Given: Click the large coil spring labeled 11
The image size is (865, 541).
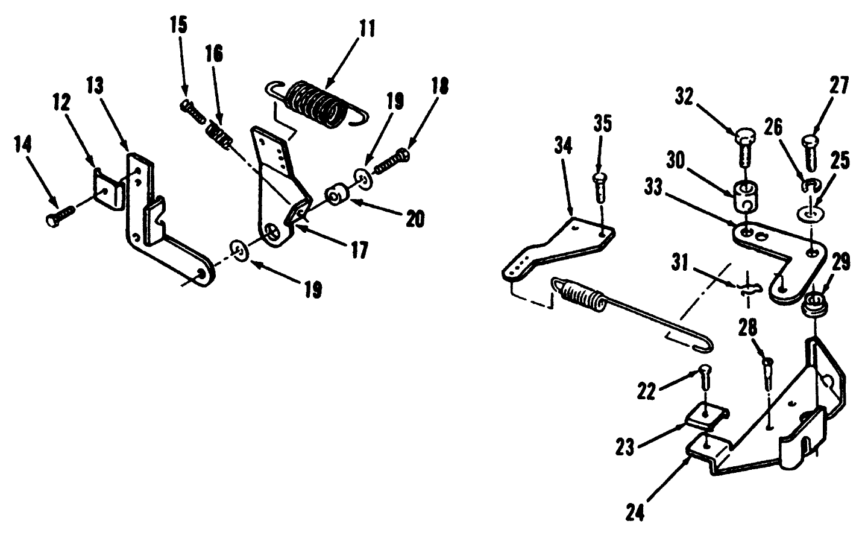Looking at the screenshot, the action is point(316,104).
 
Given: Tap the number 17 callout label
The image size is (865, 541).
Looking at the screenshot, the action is point(359,250).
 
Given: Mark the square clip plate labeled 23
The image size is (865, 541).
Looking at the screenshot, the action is point(706,419).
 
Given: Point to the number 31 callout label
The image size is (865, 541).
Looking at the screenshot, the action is point(679,264).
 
